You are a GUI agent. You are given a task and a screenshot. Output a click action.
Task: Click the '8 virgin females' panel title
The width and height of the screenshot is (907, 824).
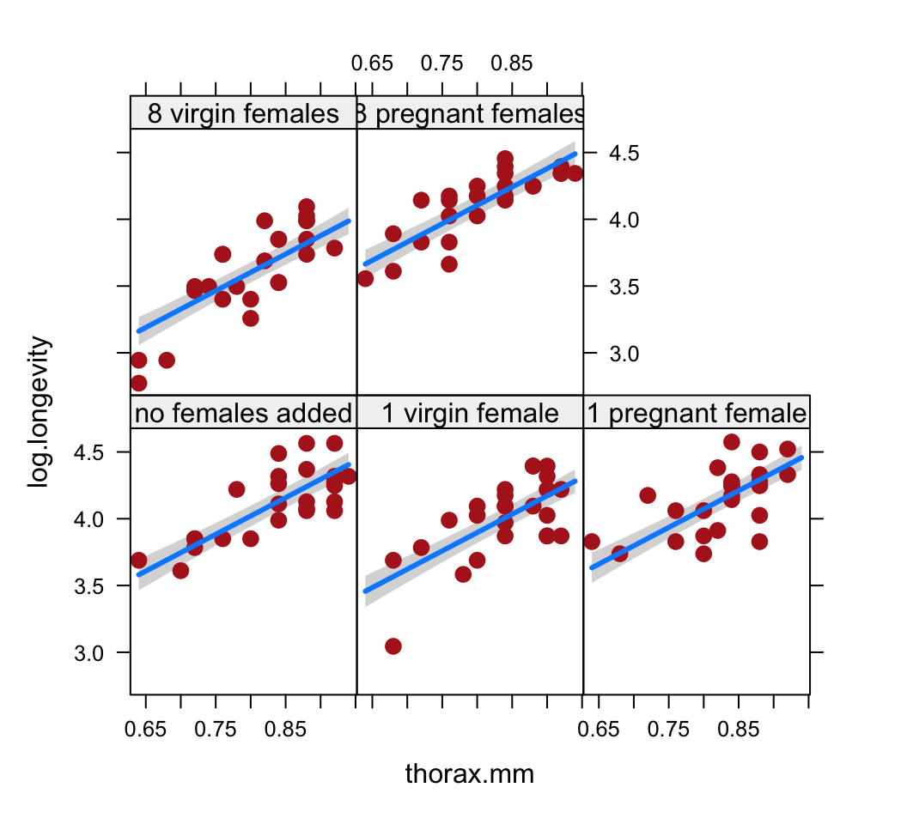pyautogui.click(x=243, y=114)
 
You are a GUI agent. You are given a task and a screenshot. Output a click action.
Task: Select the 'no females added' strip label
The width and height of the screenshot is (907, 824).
pyautogui.click(x=243, y=414)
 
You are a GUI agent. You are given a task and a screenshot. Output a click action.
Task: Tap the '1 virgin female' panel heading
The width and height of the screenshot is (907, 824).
pyautogui.click(x=470, y=414)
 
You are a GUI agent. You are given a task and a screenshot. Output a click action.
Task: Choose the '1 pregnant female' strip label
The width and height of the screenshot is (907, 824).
pyautogui.click(x=697, y=414)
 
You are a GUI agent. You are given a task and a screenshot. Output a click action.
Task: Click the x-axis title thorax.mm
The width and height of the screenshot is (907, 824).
pyautogui.click(x=469, y=774)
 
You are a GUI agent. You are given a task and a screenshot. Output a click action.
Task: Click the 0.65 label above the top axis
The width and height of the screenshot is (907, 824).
pyautogui.click(x=372, y=63)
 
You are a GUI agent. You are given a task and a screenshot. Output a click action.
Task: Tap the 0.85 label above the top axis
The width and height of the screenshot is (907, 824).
pyautogui.click(x=512, y=63)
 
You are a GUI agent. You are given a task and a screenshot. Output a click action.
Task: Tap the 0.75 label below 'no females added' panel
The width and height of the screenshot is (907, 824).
pyautogui.click(x=215, y=730)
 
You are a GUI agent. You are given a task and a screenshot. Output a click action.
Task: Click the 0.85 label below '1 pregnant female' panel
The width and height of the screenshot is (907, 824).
pyautogui.click(x=739, y=730)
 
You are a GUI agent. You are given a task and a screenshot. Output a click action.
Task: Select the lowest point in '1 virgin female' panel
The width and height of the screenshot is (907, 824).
pyautogui.click(x=393, y=646)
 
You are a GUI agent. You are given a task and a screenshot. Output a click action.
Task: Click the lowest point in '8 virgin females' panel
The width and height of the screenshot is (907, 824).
pyautogui.click(x=138, y=383)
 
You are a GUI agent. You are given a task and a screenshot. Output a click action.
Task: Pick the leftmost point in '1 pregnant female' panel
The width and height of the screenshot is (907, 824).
pyautogui.click(x=591, y=542)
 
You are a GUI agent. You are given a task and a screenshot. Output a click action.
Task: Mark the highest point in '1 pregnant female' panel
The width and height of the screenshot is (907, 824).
pyautogui.click(x=732, y=442)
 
